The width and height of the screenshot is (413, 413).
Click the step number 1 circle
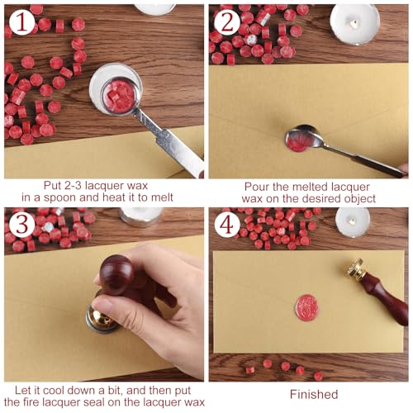click(x=21, y=22)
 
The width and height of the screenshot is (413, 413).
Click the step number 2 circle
click(x=227, y=22)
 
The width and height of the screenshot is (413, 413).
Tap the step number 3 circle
click(x=21, y=225)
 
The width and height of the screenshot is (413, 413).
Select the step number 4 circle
click(x=227, y=225)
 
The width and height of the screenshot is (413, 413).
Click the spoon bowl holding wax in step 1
click(x=119, y=96)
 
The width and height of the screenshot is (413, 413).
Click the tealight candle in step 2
click(x=355, y=24)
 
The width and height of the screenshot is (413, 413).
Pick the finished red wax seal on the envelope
click(x=306, y=306)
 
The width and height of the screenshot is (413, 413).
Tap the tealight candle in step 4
click(x=353, y=222)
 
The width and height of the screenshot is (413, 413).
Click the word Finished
click(x=314, y=394)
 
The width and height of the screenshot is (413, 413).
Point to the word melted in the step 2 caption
click(x=310, y=187)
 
